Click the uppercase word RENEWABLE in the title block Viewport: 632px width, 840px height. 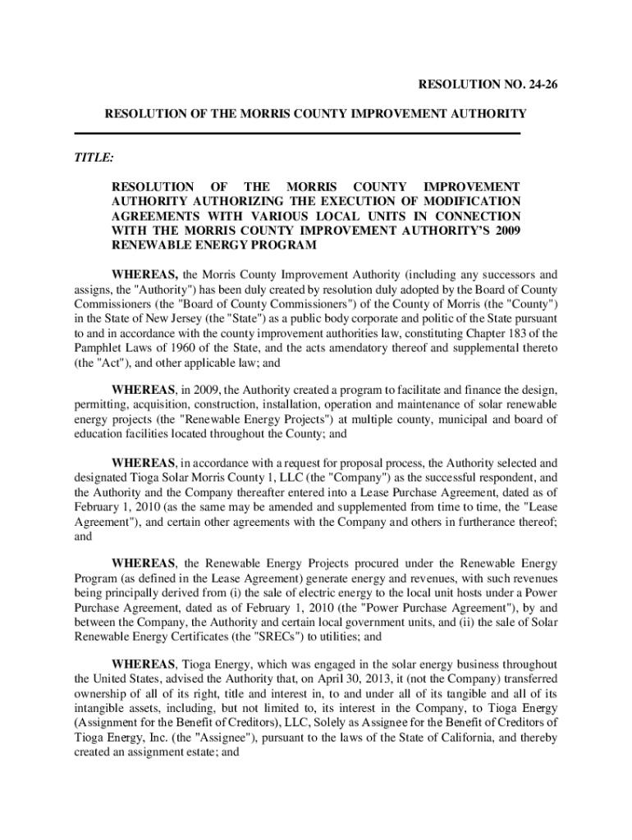(x=149, y=245)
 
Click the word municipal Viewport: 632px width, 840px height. (x=446, y=420)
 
